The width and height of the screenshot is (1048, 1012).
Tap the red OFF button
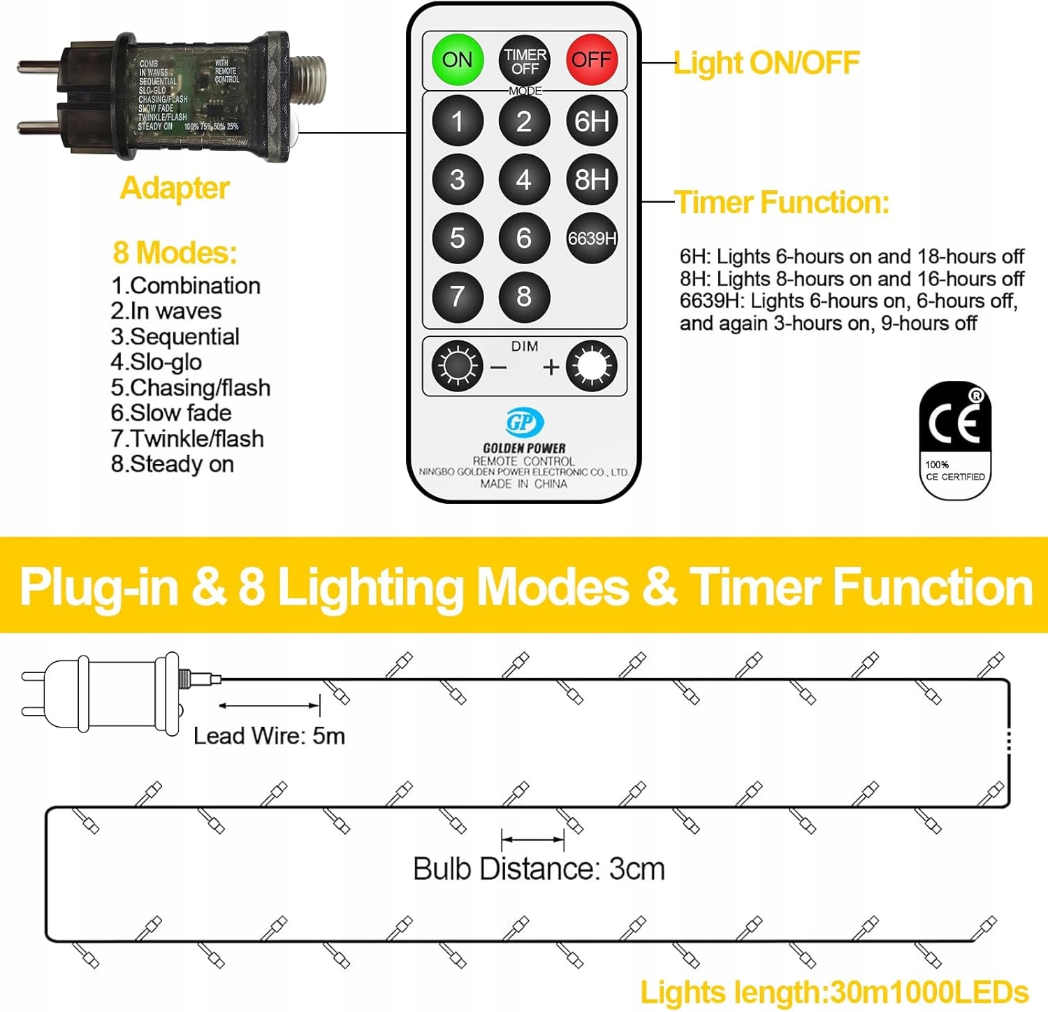click(592, 60)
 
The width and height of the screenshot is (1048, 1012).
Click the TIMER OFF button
click(525, 61)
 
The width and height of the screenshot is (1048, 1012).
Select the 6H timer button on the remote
click(592, 121)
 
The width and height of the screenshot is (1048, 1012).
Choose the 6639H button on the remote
click(592, 238)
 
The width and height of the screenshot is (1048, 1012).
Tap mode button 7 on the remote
click(458, 296)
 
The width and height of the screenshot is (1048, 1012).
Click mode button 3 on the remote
click(458, 180)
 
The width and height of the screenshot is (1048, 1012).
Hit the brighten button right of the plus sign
click(592, 366)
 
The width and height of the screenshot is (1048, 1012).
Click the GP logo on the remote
click(524, 422)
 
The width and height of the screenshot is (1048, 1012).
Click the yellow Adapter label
click(175, 188)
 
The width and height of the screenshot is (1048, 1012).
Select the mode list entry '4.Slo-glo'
click(157, 362)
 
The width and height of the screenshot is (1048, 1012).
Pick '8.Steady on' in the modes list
click(173, 464)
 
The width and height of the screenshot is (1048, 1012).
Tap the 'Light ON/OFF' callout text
click(766, 63)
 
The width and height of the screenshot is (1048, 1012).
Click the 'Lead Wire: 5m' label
click(269, 736)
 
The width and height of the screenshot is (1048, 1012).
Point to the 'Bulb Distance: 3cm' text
click(539, 869)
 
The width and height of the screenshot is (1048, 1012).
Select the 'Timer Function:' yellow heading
click(782, 203)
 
